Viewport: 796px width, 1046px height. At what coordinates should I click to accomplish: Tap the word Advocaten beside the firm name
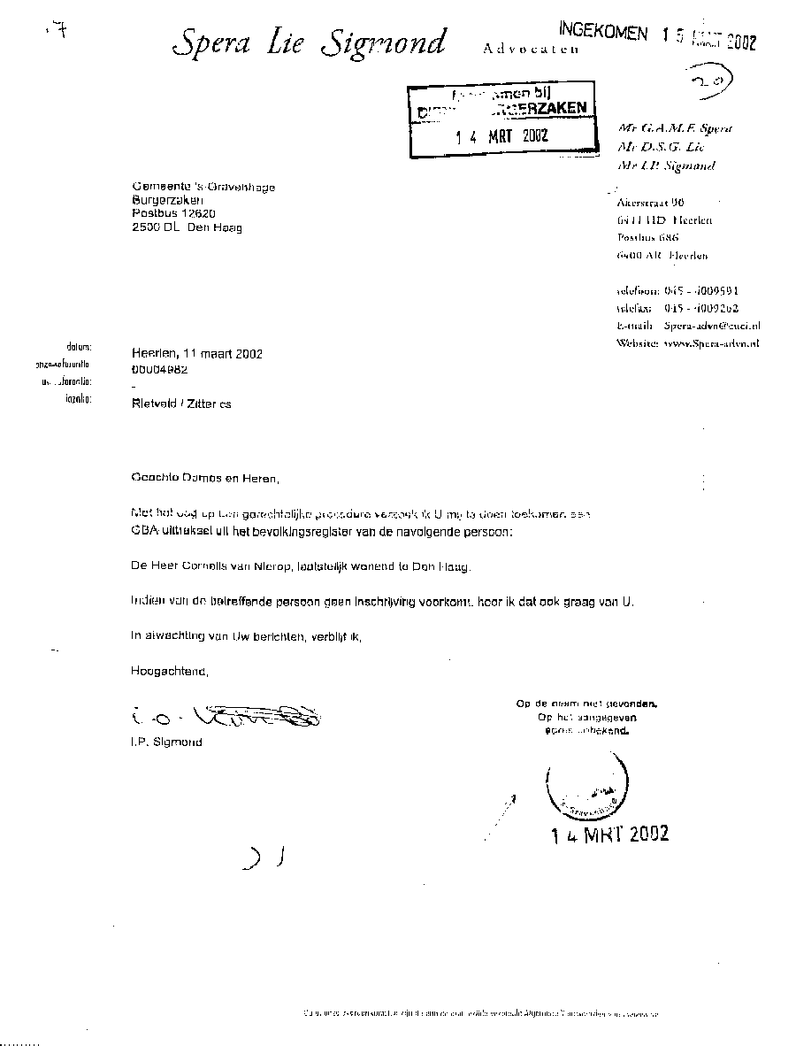point(531,50)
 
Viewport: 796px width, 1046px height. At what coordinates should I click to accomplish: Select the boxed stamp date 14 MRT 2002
point(501,136)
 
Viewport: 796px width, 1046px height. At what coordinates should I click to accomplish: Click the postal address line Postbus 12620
point(173,213)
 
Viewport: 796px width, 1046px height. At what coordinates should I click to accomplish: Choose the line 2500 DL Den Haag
point(186,227)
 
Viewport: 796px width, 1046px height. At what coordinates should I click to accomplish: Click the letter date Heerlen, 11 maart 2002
point(196,353)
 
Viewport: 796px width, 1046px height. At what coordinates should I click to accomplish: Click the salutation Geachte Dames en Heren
point(203,479)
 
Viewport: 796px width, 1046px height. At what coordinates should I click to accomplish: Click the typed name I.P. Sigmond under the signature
point(165,742)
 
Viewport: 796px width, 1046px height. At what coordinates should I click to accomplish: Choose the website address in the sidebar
point(711,342)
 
